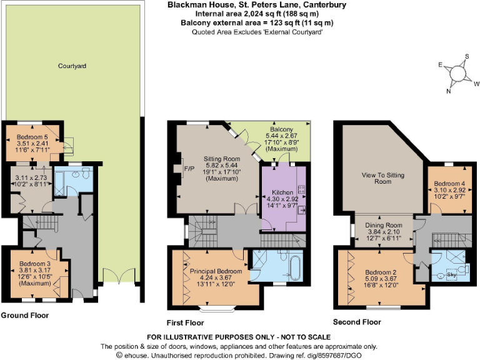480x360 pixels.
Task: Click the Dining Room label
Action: (x=383, y=224)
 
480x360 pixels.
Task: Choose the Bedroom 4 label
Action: (x=447, y=183)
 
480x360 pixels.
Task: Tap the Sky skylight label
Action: (x=452, y=274)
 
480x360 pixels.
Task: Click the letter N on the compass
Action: (x=448, y=91)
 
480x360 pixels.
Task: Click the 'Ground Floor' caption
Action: (x=24, y=316)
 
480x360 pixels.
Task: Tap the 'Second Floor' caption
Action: (x=357, y=322)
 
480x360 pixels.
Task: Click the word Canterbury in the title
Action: (x=311, y=5)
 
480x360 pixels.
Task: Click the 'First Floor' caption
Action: (x=186, y=323)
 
